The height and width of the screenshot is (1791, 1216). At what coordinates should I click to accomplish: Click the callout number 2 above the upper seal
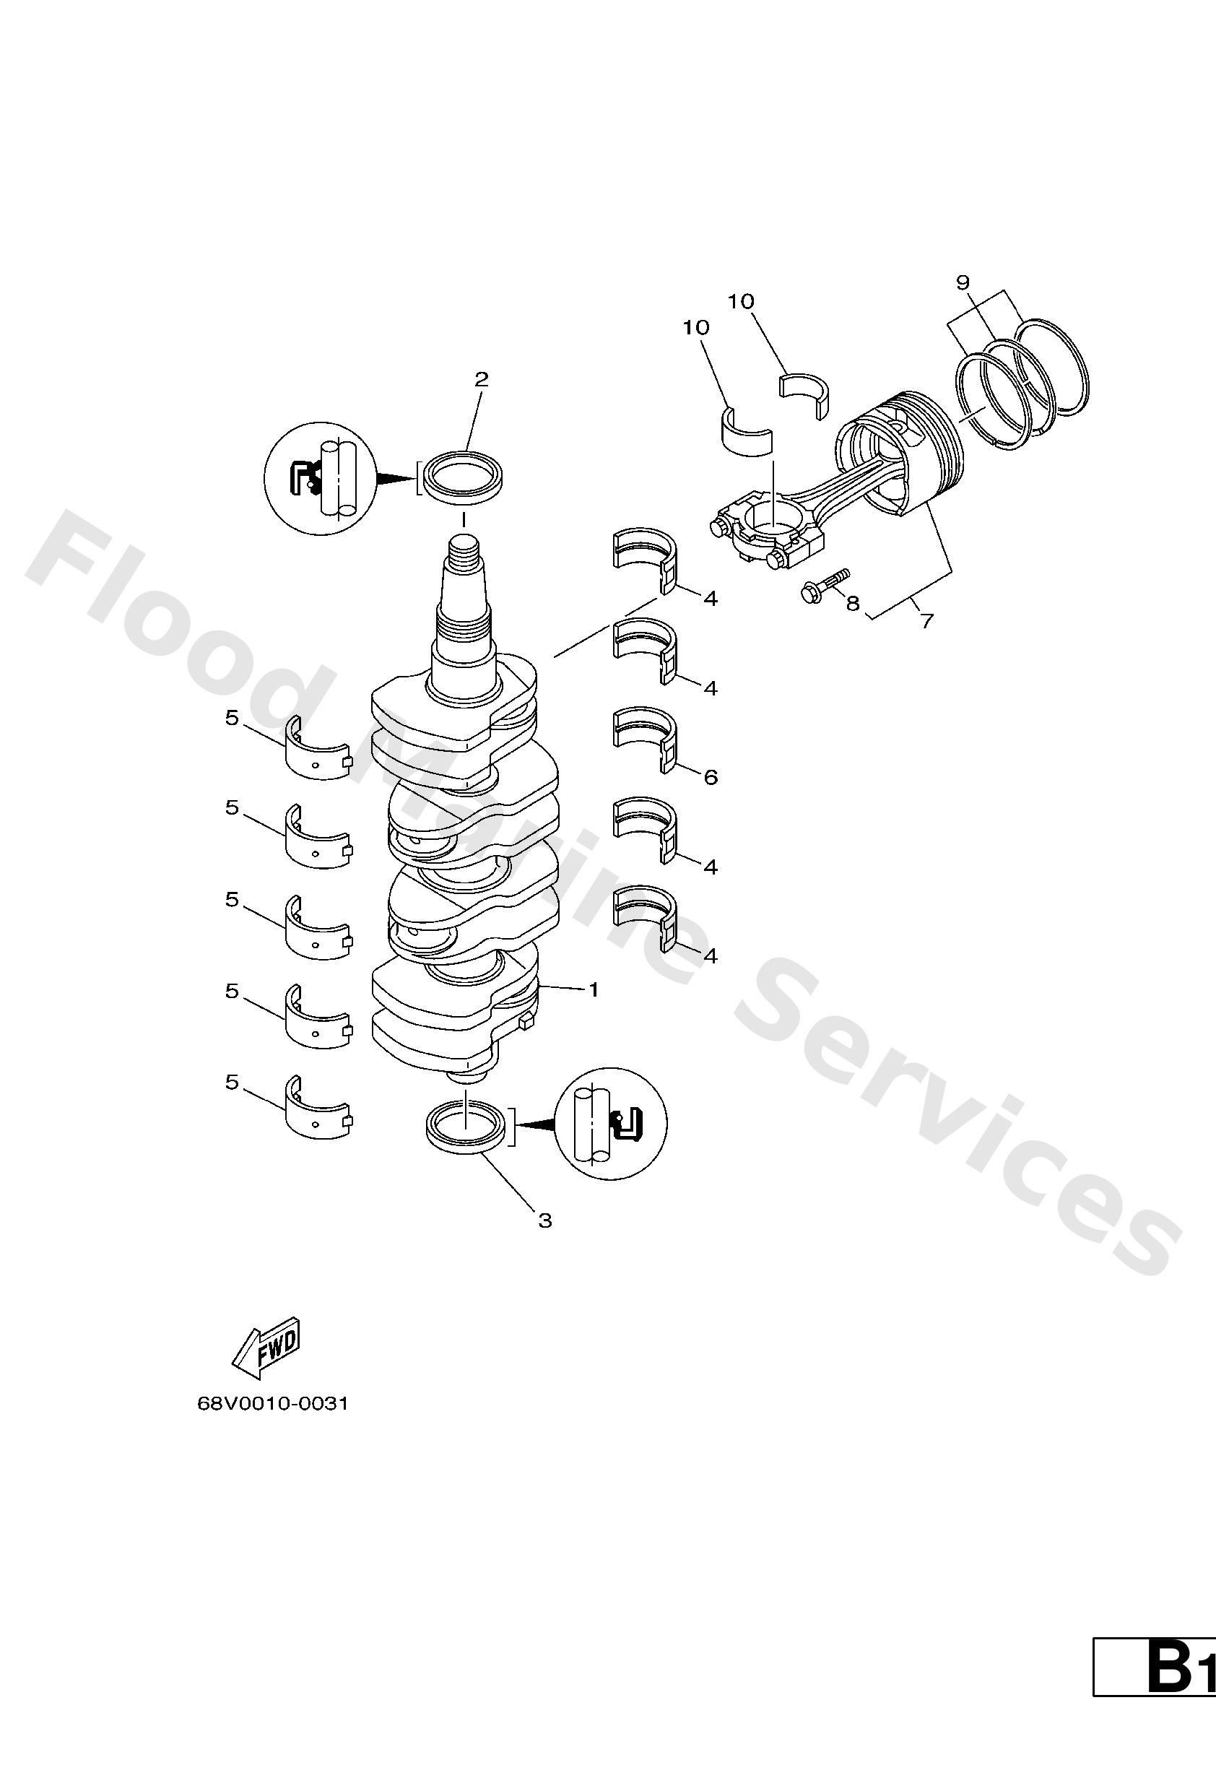click(x=481, y=379)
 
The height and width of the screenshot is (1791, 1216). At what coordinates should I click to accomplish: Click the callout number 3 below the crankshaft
click(x=544, y=1220)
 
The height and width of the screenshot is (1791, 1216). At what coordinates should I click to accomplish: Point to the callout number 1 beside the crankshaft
click(x=594, y=989)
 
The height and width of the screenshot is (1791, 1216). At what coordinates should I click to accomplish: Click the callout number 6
click(x=711, y=777)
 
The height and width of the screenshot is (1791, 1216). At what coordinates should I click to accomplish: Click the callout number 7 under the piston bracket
click(x=927, y=620)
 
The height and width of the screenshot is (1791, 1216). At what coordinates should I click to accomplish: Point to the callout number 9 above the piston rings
click(x=963, y=283)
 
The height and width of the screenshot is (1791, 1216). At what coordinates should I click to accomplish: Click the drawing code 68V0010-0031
click(x=274, y=1403)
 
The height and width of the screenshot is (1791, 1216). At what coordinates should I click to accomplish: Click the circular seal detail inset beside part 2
click(x=319, y=478)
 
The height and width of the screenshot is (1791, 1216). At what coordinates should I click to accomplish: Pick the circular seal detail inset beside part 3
click(x=611, y=1123)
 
